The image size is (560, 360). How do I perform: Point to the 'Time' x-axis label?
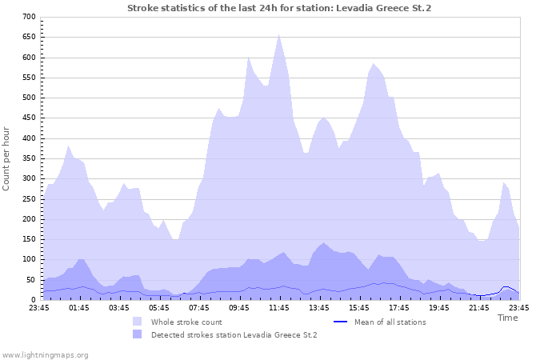click(x=507, y=318)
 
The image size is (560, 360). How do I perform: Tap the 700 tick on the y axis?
click(x=28, y=17)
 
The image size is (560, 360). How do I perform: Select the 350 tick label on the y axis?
click(x=28, y=158)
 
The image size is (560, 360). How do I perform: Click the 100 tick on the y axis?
click(x=28, y=259)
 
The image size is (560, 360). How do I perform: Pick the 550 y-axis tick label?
click(x=28, y=78)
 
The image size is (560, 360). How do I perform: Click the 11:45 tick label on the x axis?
click(x=278, y=307)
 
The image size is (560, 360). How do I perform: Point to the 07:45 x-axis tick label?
click(x=199, y=307)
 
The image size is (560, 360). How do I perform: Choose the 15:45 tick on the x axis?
click(x=358, y=307)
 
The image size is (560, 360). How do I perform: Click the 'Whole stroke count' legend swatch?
click(x=138, y=322)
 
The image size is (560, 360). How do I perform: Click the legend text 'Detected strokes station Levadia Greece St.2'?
click(x=234, y=334)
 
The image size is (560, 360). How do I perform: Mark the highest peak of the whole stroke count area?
click(x=278, y=34)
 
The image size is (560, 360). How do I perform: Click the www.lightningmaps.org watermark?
click(x=45, y=354)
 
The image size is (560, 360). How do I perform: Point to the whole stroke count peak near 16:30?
click(x=374, y=64)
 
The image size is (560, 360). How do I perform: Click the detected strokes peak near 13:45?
click(x=323, y=243)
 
